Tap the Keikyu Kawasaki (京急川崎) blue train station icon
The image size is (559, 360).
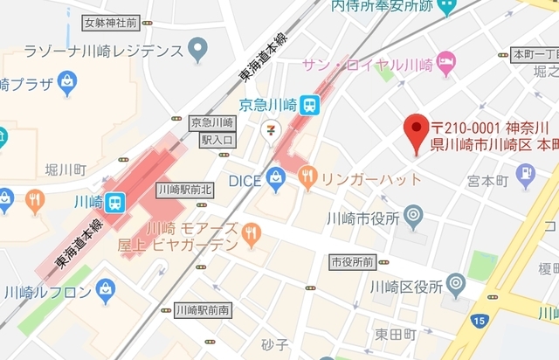(311, 105)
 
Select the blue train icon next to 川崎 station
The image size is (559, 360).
(115, 201)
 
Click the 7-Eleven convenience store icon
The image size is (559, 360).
(273, 128)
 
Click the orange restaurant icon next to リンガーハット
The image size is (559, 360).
(307, 180)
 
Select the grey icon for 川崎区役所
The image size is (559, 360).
(455, 284)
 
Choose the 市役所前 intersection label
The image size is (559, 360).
(352, 261)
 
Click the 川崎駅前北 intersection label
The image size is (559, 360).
(184, 189)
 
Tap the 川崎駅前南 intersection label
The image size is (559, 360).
(204, 310)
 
